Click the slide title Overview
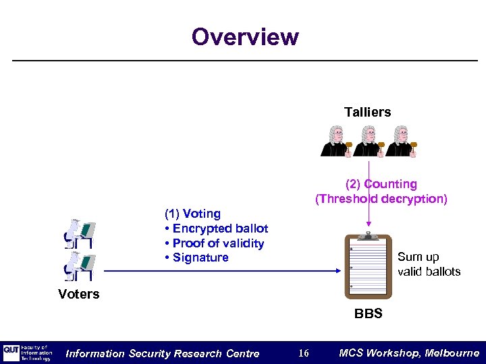[244, 36]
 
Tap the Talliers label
[367, 112]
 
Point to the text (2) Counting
[381, 184]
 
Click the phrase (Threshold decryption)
[381, 199]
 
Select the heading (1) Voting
[192, 214]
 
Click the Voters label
[79, 294]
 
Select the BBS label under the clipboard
[369, 313]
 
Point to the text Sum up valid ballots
[429, 264]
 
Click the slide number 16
[304, 353]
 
